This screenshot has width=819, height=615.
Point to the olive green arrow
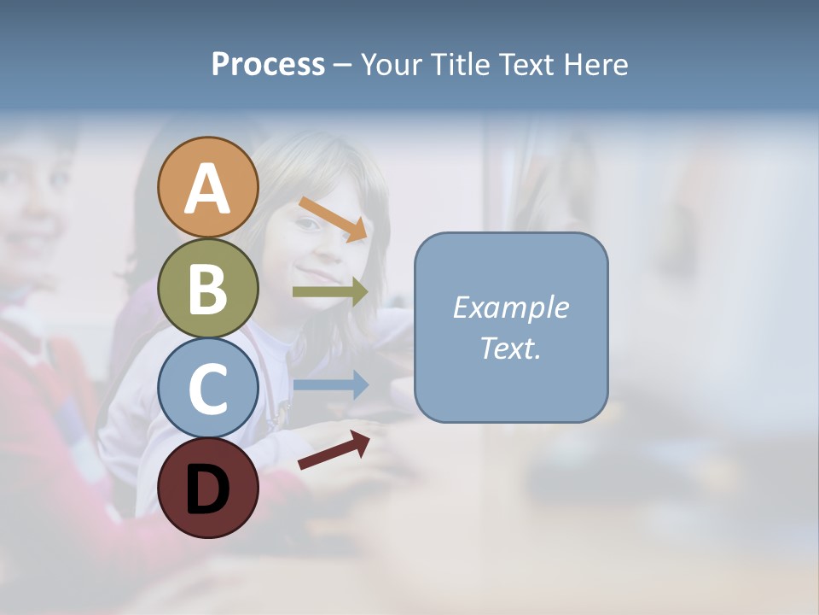click(330, 292)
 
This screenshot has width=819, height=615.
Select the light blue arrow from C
click(330, 385)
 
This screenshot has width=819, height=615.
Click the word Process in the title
click(268, 65)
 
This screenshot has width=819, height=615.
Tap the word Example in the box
click(510, 307)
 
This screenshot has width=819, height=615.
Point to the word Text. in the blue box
click(510, 348)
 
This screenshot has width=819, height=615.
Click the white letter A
click(208, 189)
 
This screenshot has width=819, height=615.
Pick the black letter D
click(208, 489)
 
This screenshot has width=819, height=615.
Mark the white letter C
click(208, 389)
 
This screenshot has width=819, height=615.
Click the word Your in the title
click(392, 65)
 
